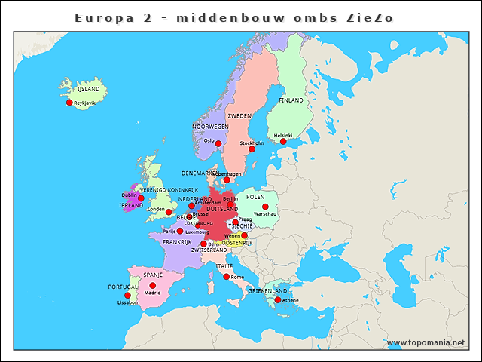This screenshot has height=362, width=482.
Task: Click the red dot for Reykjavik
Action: coord(69,103)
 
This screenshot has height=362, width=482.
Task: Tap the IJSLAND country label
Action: coord(88,89)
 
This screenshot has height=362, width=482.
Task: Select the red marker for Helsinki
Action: coord(283,142)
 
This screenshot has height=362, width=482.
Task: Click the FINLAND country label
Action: coord(291,100)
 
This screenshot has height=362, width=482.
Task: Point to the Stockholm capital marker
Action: coord(252,149)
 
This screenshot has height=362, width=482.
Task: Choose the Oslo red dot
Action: coord(218,143)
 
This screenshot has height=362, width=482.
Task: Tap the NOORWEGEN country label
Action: coord(210,127)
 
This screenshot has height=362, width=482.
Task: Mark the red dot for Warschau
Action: coord(265,207)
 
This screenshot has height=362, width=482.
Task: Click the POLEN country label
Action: coord(266,196)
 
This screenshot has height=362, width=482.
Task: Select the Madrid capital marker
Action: coord(153,286)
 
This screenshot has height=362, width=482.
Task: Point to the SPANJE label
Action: coord(153,275)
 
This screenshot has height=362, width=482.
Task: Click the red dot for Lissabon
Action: coord(127,296)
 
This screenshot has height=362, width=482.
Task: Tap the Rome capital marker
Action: coord(226,277)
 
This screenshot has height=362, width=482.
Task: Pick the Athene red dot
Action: coord(278,300)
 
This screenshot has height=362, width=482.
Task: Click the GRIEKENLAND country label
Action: coord(268,290)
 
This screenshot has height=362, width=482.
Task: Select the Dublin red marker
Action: coord(141,198)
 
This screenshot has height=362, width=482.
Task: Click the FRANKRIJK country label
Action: coord(177,243)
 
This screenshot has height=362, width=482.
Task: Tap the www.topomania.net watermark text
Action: coord(426,343)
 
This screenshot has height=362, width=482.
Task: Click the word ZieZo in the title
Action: coord(369,17)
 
